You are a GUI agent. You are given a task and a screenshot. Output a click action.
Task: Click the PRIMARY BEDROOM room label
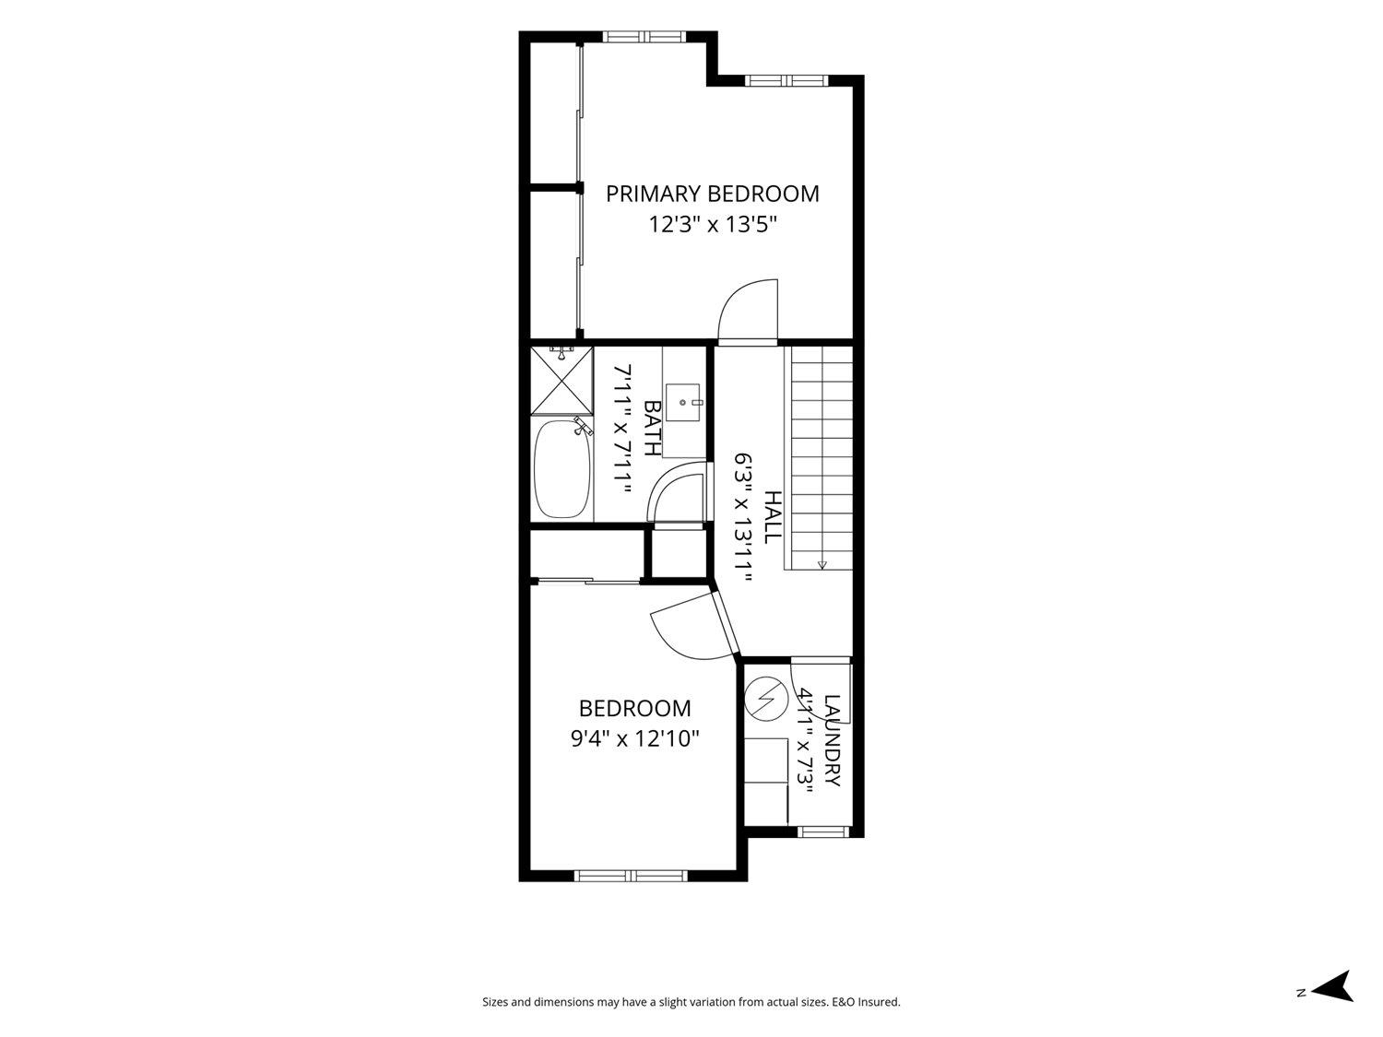point(712,194)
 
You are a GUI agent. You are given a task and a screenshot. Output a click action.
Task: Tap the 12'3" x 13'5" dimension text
point(713,224)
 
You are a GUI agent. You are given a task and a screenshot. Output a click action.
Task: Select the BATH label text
point(652,428)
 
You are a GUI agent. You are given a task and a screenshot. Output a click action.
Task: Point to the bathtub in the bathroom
point(562,469)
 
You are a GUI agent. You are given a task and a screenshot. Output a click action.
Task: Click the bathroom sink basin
point(683,403)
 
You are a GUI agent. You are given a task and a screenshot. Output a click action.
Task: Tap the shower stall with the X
point(562,381)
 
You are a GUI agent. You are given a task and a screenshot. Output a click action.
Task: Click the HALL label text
point(773,517)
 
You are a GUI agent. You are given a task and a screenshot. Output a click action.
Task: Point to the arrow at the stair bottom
point(822,564)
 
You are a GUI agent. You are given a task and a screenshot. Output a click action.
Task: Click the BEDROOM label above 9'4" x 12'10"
point(634,708)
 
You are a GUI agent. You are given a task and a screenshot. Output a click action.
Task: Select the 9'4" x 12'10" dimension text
point(635,738)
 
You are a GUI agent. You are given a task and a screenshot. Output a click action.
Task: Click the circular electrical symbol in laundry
point(766,699)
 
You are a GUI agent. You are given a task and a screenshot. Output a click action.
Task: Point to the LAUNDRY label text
point(832,740)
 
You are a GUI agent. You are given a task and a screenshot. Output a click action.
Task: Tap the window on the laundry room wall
point(824,831)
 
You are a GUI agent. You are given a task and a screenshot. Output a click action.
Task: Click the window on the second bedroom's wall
point(631,876)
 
